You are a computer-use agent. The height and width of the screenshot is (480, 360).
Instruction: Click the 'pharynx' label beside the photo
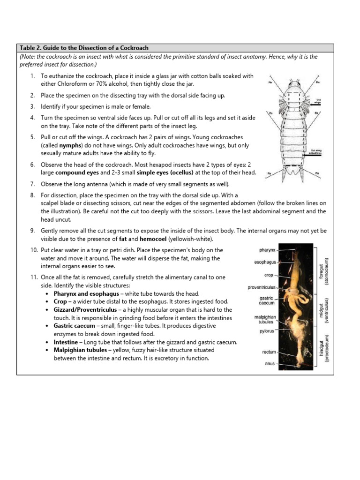click(x=267, y=250)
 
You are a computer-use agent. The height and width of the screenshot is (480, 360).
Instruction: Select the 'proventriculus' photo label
click(x=262, y=287)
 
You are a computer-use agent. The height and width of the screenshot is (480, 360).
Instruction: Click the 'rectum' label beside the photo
click(x=269, y=352)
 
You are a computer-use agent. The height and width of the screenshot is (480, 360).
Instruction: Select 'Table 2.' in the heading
click(x=31, y=48)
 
